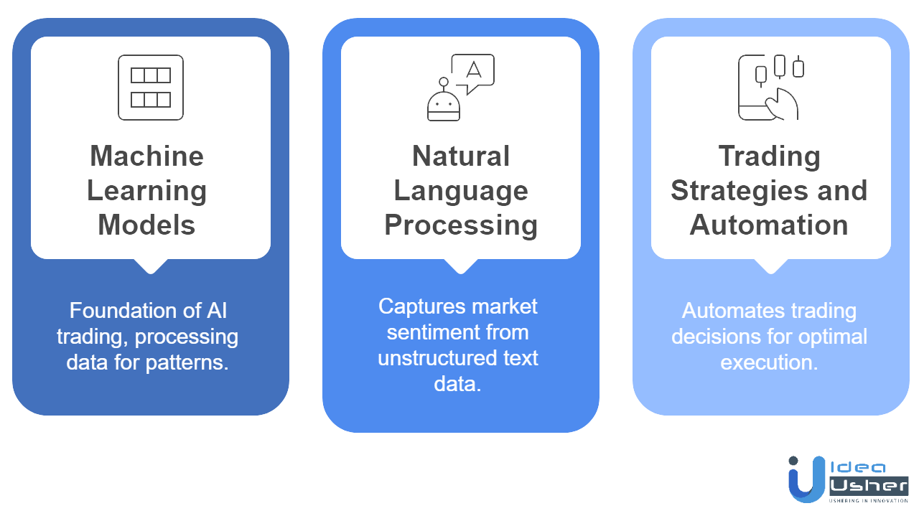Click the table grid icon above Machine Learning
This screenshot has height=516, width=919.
pyautogui.click(x=151, y=87)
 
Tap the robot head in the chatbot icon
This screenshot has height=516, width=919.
pyautogui.click(x=443, y=107)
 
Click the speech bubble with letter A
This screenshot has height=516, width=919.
pyautogui.click(x=472, y=72)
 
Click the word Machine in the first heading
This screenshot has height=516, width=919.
pyautogui.click(x=146, y=156)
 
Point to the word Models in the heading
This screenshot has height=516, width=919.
pyautogui.click(x=146, y=225)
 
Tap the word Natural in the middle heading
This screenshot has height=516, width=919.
pyautogui.click(x=461, y=156)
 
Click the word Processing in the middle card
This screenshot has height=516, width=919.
pyautogui.click(x=461, y=225)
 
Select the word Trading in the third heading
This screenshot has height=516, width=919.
pyautogui.click(x=769, y=156)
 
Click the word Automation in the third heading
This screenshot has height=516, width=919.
pyautogui.click(x=769, y=225)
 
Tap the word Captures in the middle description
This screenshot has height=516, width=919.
pyautogui.click(x=416, y=306)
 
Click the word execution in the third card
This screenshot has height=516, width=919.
pyautogui.click(x=769, y=362)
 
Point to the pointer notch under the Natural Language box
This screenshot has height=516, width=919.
pyautogui.click(x=460, y=266)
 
